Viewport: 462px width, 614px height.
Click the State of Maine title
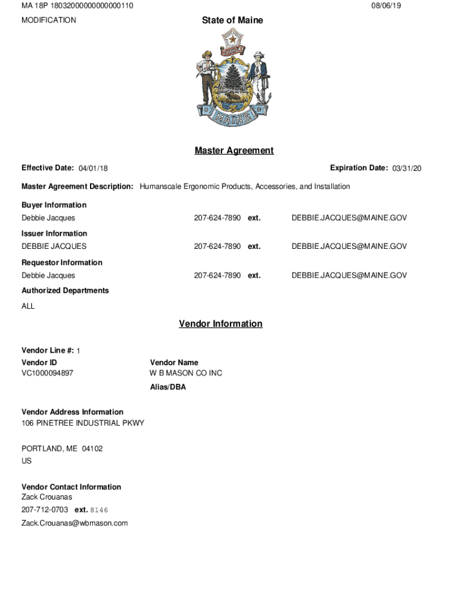click(x=232, y=20)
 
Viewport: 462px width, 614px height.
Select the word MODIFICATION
click(x=49, y=20)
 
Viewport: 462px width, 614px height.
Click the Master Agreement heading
click(x=234, y=151)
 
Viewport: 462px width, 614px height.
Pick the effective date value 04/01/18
click(x=93, y=168)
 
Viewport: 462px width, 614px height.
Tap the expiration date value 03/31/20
click(x=407, y=168)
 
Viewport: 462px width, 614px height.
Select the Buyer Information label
click(x=54, y=205)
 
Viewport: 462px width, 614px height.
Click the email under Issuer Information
click(x=349, y=246)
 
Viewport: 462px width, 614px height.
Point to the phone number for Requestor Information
click(x=217, y=275)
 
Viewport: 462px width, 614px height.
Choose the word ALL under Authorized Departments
click(x=28, y=306)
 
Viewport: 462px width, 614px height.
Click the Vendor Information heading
click(x=220, y=324)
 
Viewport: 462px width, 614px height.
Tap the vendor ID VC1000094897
click(x=47, y=373)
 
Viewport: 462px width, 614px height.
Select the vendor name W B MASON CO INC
click(x=185, y=373)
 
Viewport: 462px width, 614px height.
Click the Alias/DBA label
click(x=168, y=387)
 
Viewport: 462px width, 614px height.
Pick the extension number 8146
click(x=99, y=510)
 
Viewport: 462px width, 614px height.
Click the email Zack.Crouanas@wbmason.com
click(x=74, y=523)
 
